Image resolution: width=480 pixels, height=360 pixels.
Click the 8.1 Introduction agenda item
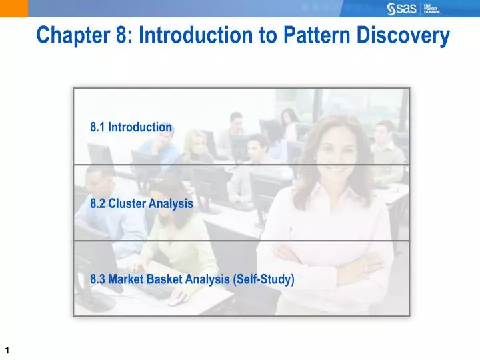coord(131,127)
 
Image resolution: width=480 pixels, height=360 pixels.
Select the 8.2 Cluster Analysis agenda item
coord(141,204)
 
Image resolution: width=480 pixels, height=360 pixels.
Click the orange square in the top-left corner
coord(13,8)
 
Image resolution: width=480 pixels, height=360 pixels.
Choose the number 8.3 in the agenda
coord(98,280)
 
